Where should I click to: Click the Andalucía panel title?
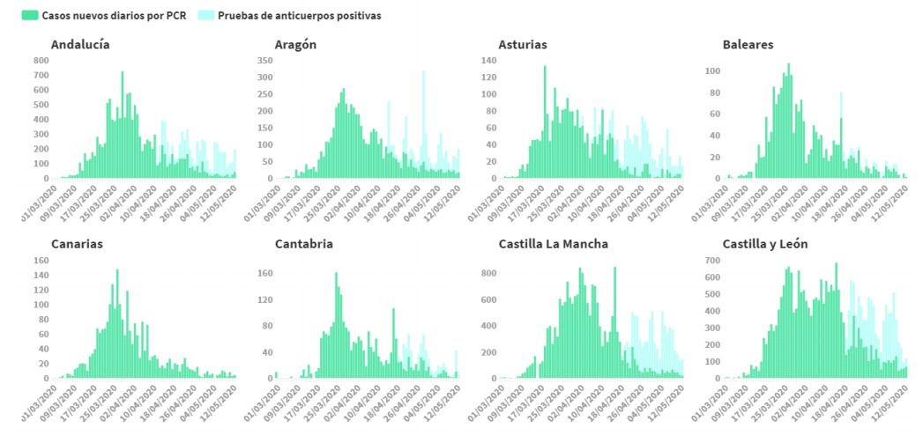(80, 45)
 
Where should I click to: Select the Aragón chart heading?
(295, 45)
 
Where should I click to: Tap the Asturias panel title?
(522, 45)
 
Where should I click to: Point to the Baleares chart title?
(748, 45)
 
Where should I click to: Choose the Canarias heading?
(77, 244)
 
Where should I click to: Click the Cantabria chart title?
(303, 244)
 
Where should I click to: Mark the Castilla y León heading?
(764, 244)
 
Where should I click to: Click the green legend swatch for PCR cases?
(31, 16)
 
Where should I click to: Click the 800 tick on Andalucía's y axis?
(41, 60)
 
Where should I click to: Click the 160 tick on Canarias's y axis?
(41, 260)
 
